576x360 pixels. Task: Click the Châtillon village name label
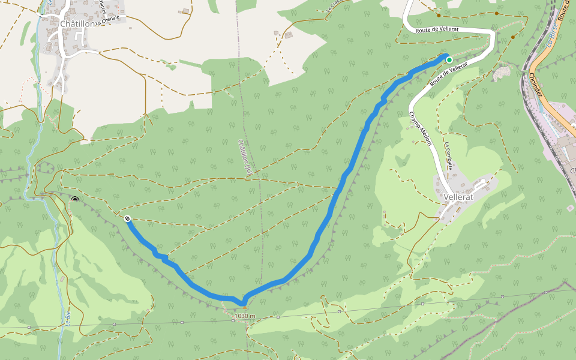[x=78, y=23]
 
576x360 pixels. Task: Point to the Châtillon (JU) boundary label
[x=244, y=157]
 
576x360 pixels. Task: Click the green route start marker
[x=449, y=59]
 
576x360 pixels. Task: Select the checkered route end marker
[x=128, y=219]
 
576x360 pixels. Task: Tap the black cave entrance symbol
[x=75, y=200]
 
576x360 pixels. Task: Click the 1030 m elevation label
[x=245, y=316]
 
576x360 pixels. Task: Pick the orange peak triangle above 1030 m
[x=244, y=307]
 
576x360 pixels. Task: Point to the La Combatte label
[x=448, y=155]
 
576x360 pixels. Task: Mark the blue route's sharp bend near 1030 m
[x=243, y=301]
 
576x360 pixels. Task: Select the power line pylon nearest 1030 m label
[x=233, y=320]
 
